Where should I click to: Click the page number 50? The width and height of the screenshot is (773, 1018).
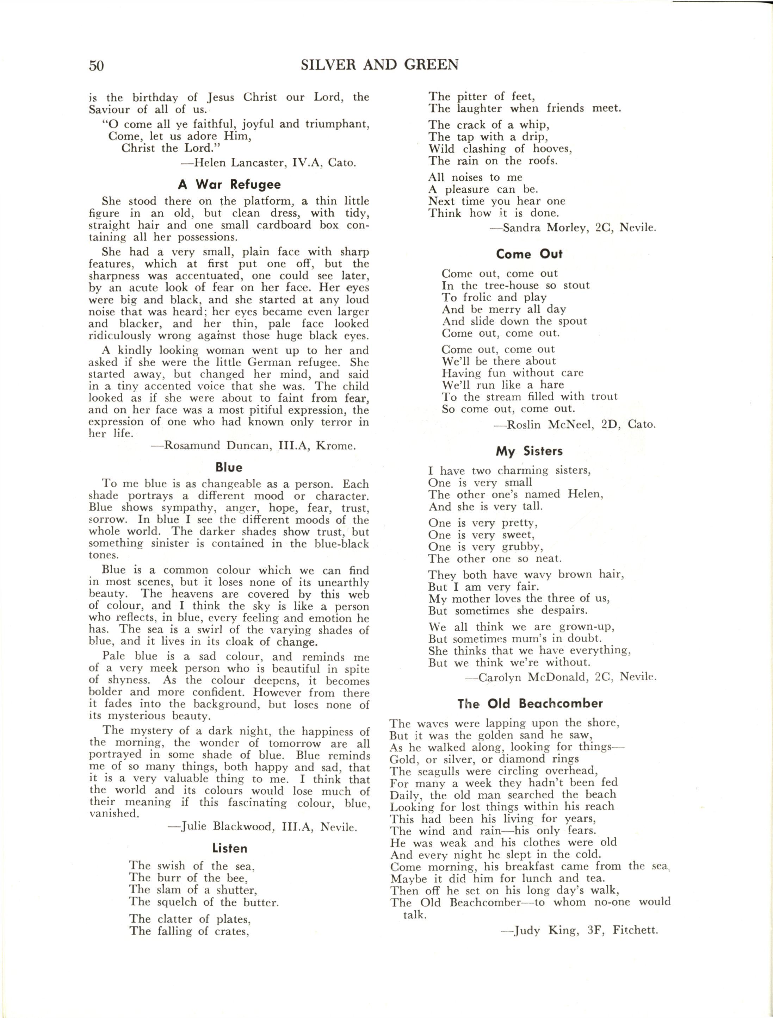(x=96, y=65)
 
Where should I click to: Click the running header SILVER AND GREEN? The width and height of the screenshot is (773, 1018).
(x=379, y=65)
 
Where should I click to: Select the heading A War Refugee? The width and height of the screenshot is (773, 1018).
(x=229, y=185)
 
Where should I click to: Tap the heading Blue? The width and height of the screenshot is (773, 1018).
(x=229, y=467)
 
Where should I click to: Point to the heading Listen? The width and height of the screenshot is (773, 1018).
(x=230, y=848)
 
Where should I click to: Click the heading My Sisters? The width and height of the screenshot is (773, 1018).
(x=529, y=451)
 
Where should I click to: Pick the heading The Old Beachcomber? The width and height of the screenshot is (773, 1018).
(x=530, y=703)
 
